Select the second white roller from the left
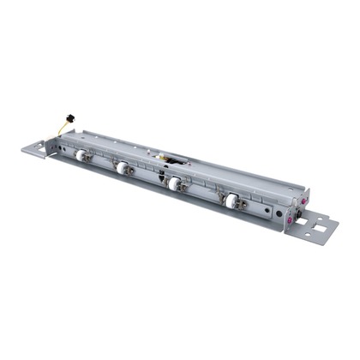point(122,168)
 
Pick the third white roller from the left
point(174,183)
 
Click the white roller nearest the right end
point(231,200)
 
